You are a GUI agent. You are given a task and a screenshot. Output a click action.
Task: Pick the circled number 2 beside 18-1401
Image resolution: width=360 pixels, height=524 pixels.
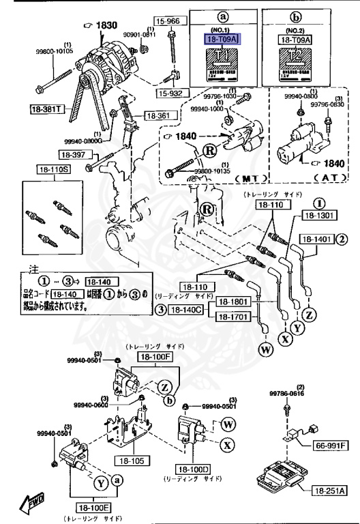pyautogui.click(x=342, y=239)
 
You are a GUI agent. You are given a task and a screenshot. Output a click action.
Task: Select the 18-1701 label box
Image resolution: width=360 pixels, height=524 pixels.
pyautogui.click(x=235, y=317)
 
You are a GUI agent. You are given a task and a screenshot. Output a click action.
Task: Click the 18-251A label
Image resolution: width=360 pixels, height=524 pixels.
pyautogui.click(x=331, y=490)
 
